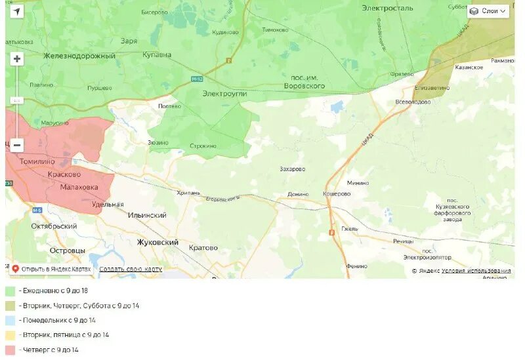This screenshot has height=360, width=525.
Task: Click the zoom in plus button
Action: pos(17,59)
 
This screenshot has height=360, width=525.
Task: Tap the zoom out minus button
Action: pos(17,145)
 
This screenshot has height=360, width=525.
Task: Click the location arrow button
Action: pos(17,11)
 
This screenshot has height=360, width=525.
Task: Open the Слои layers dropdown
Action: pos(488,11)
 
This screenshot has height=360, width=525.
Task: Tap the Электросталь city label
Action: pos(387,8)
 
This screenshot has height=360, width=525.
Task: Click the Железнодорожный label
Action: pos(79,56)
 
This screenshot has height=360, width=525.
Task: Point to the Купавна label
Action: pos(157,55)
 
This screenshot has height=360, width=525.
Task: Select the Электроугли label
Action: pos(224,94)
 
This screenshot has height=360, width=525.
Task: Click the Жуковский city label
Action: pos(157,242)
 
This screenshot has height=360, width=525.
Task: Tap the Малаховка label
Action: pos(79,187)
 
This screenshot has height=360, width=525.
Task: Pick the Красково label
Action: pos(64,174)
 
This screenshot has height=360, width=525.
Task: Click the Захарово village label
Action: pos(292,169)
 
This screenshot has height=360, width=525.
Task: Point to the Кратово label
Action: pos(203,248)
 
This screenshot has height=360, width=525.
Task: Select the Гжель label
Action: pos(350,229)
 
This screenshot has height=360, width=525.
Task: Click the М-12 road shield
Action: pos(198,79)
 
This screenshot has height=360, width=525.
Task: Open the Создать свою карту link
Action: pos(131,269)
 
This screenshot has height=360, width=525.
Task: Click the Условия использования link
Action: pos(476,271)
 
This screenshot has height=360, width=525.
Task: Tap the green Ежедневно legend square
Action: pos(10,290)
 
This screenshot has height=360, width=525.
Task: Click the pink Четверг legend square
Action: pos(10,350)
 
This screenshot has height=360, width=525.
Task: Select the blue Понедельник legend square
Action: pos(10,320)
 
